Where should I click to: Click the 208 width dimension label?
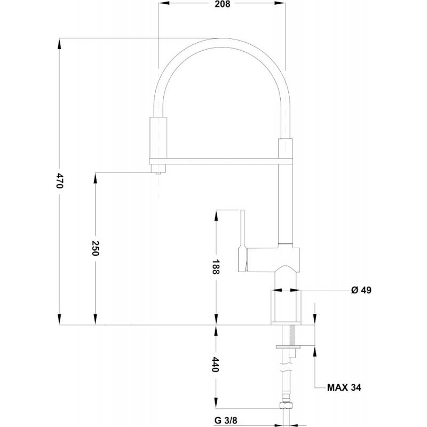coord(222,4)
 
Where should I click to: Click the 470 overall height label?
coord(60,180)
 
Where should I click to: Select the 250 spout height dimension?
coord(95,248)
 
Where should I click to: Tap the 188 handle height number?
coord(216,267)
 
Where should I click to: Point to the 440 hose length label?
coord(216,365)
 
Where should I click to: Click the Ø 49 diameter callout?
coord(361,290)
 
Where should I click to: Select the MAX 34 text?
coord(344,388)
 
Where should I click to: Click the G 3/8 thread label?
coord(226,421)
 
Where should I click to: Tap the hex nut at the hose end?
coord(286,405)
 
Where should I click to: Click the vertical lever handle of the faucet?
coord(243,241)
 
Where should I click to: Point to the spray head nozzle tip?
coord(158,172)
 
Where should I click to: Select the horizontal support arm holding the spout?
coord(221,161)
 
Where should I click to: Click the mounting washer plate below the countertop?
coord(288,347)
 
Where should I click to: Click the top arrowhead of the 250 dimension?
coord(95,178)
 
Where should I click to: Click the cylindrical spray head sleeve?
coord(158,138)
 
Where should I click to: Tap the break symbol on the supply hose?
coord(286,370)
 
